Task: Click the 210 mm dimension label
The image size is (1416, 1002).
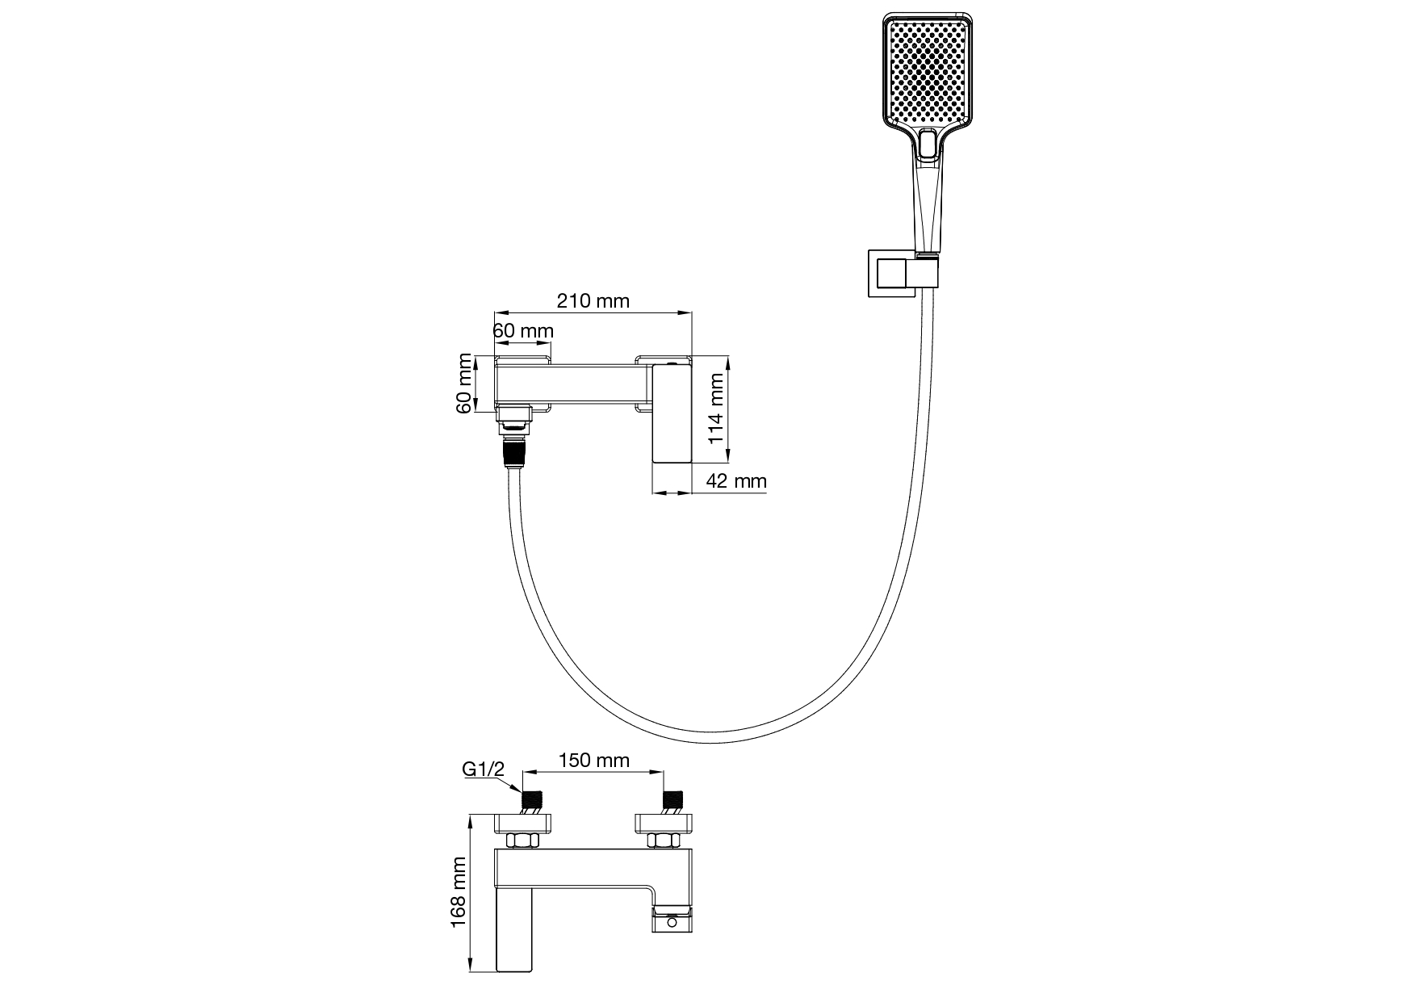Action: click(593, 301)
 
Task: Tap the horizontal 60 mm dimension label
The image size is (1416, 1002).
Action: click(523, 331)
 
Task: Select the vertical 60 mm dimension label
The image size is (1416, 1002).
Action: click(464, 384)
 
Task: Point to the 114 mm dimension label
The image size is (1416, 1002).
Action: click(716, 409)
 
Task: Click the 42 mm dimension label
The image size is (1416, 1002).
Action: click(735, 481)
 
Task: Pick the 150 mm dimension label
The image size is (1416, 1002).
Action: click(593, 761)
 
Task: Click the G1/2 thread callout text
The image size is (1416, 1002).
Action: click(483, 769)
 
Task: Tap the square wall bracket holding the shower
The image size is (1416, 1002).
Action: click(891, 275)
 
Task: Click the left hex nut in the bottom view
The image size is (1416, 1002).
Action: click(523, 841)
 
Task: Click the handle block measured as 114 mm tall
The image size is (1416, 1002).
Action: click(672, 413)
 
